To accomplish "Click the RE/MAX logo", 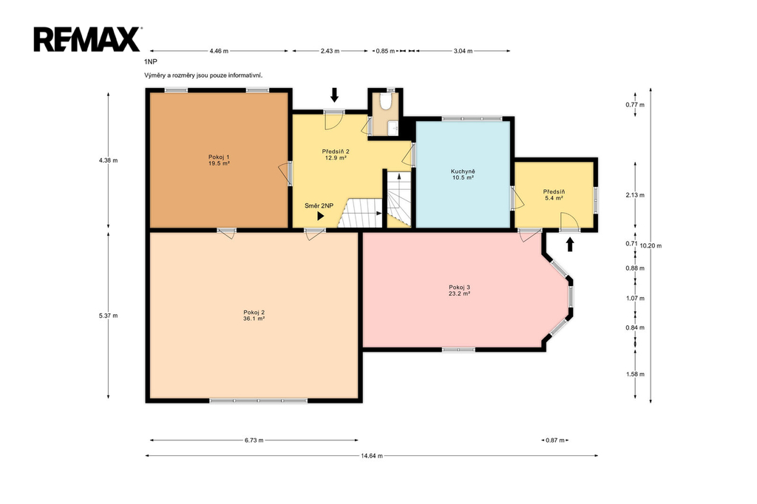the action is [87, 39].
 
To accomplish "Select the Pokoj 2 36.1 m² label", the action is [254, 316].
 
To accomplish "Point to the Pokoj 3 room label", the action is [459, 290].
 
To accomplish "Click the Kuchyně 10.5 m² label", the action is [463, 174].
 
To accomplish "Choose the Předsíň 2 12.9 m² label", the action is [336, 154].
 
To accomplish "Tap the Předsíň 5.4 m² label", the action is [554, 194].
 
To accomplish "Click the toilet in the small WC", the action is [385, 101].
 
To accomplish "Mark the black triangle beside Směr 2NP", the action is [321, 217].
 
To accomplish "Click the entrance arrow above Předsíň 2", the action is [334, 95].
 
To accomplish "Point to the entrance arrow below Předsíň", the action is [570, 245].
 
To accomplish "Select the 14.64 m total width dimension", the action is [372, 456].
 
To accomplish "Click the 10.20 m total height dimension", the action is [651, 246].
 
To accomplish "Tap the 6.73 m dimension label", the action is [254, 440].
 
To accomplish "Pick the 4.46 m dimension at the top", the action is [219, 51].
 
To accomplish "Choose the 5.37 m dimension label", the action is [108, 316].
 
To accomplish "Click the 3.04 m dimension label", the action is [463, 51].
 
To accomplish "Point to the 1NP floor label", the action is [151, 62].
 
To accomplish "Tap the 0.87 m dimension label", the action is [554, 440].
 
